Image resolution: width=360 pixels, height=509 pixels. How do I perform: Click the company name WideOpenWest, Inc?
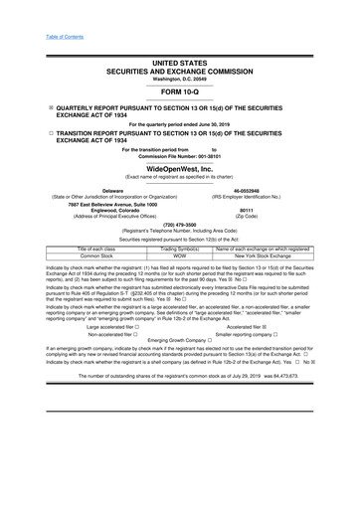pos(180,168)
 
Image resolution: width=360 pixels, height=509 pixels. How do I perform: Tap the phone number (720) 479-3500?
pos(180,225)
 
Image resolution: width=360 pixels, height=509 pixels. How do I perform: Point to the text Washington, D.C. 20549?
pos(180,50)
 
